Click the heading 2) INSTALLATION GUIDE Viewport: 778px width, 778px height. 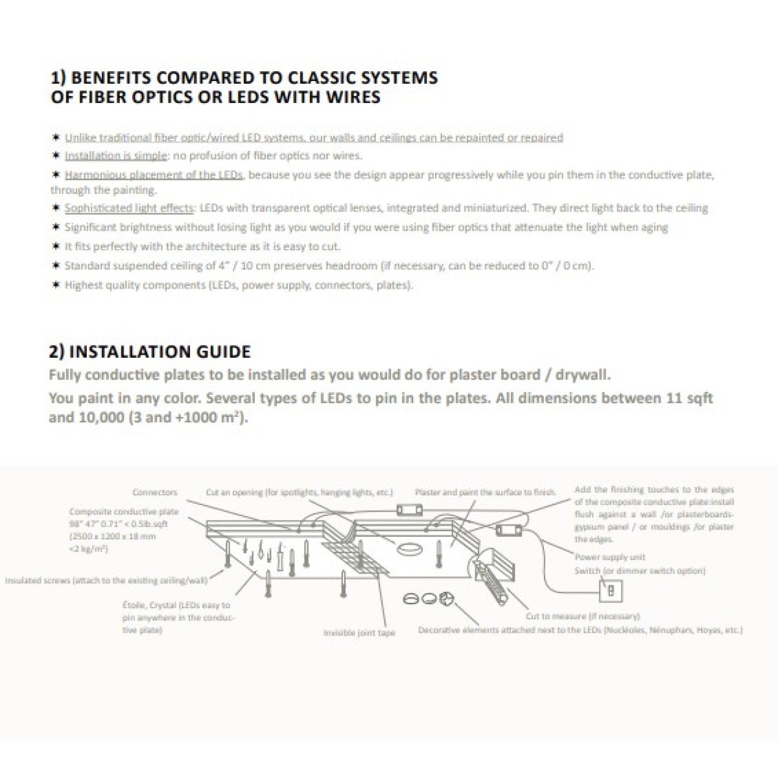pyautogui.click(x=150, y=352)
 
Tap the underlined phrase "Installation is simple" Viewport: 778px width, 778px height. pyautogui.click(x=115, y=156)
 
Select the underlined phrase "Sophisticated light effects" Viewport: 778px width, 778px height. pyautogui.click(x=129, y=208)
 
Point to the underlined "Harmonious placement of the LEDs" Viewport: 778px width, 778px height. pyautogui.click(x=154, y=175)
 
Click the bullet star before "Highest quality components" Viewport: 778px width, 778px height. pyautogui.click(x=56, y=285)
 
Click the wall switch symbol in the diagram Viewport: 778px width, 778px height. pyautogui.click(x=611, y=591)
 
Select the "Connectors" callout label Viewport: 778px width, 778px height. pyautogui.click(x=154, y=493)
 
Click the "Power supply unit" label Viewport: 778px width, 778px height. pyautogui.click(x=610, y=557)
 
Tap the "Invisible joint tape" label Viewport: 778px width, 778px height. pyautogui.click(x=359, y=633)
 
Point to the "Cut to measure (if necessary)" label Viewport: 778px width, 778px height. pyautogui.click(x=582, y=616)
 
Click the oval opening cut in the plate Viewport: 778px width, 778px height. pyautogui.click(x=408, y=549)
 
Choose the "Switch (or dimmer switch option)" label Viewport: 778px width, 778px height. pyautogui.click(x=639, y=571)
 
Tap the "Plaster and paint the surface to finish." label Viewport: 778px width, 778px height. pyautogui.click(x=485, y=493)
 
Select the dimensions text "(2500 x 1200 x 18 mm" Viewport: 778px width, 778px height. pyautogui.click(x=112, y=537)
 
